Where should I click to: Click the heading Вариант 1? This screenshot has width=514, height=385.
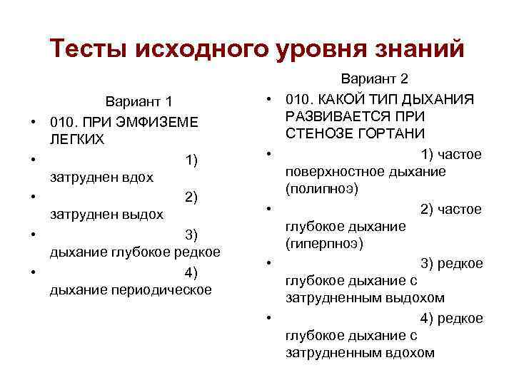click(x=139, y=102)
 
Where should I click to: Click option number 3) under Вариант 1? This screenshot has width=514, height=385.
click(x=191, y=235)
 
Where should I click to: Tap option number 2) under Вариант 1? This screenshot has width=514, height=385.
click(x=191, y=196)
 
